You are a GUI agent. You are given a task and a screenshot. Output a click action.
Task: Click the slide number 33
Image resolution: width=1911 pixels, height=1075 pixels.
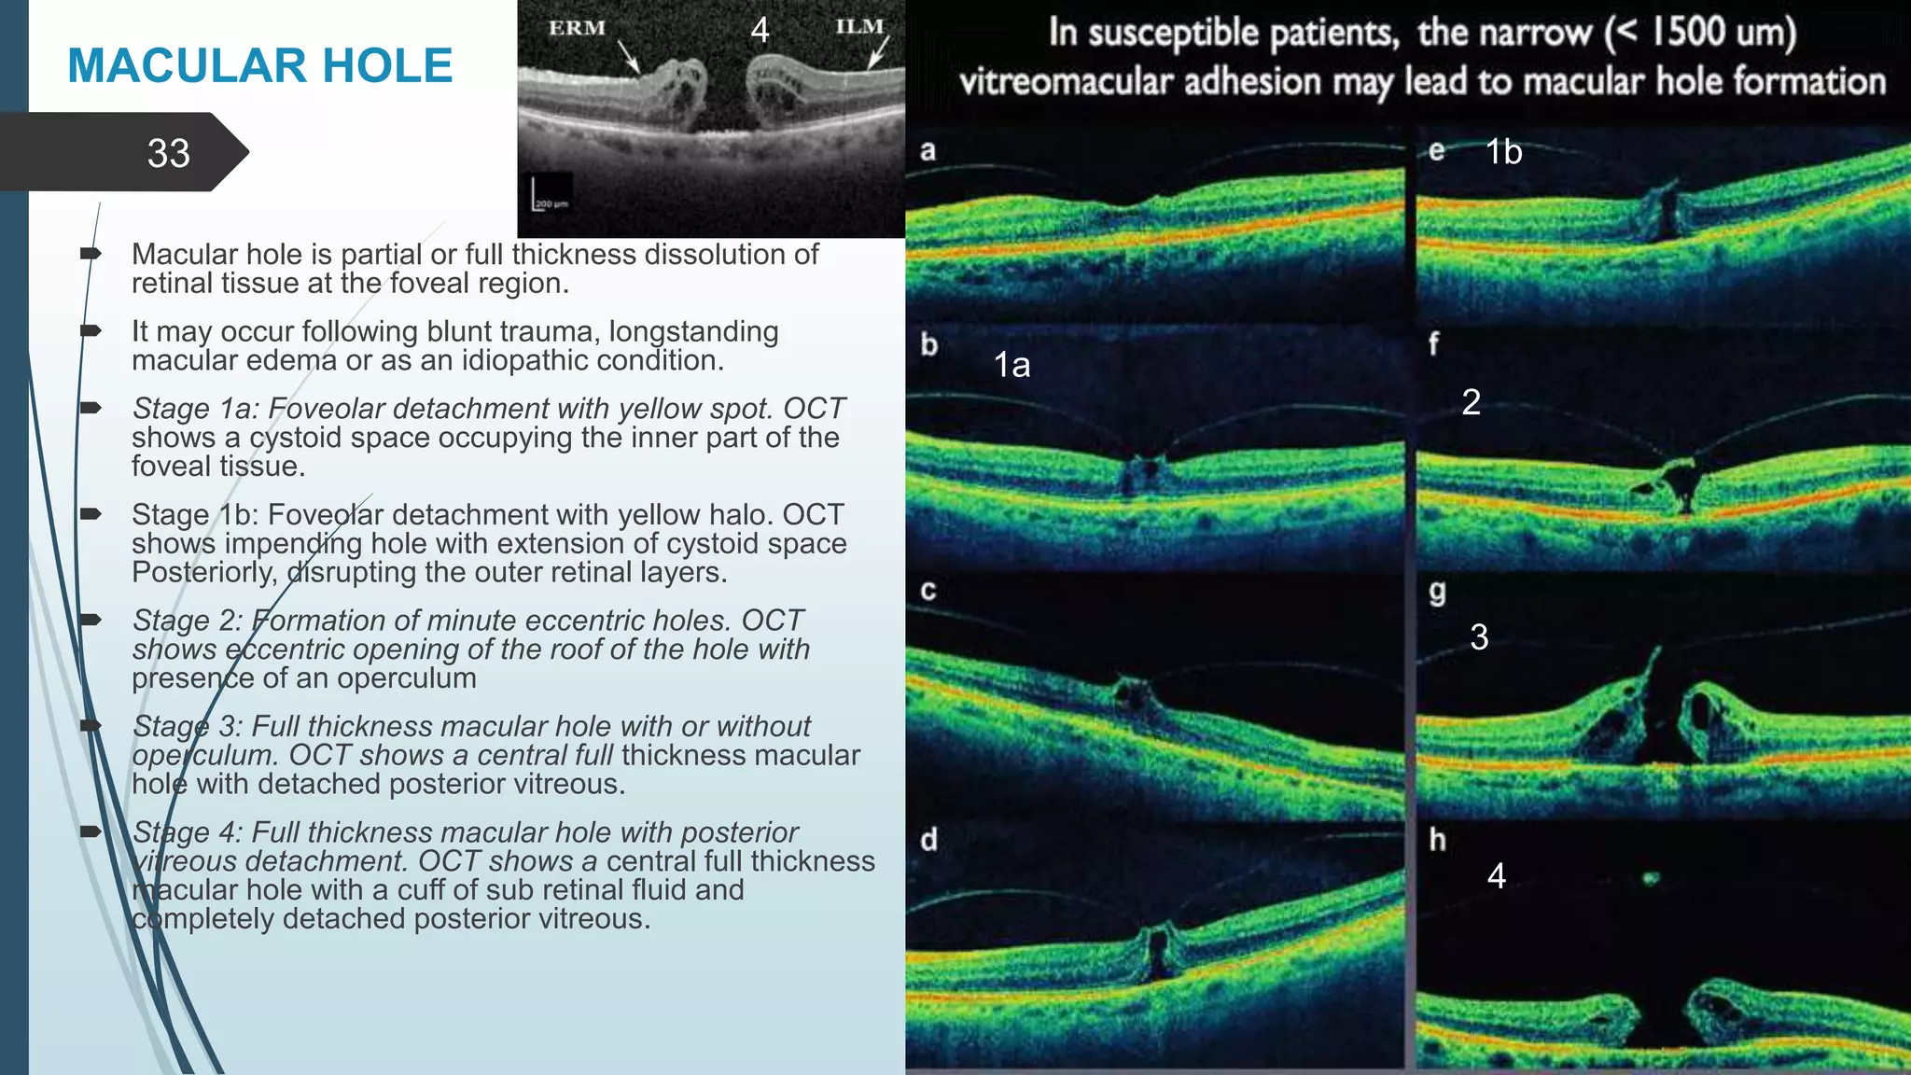click(x=169, y=153)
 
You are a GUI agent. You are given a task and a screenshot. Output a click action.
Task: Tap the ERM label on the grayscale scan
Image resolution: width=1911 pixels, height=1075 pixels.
click(x=577, y=28)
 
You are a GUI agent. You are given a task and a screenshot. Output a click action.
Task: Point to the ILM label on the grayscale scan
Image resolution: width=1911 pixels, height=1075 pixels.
click(x=859, y=26)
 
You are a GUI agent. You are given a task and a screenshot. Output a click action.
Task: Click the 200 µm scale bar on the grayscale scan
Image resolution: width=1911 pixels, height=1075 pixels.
click(x=550, y=197)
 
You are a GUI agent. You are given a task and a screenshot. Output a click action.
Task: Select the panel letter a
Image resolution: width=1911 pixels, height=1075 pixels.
click(x=928, y=150)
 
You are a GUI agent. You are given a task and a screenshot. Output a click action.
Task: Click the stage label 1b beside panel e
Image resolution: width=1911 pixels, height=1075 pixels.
click(x=1503, y=152)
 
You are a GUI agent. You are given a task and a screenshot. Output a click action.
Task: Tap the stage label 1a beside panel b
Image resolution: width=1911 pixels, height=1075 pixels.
click(x=1011, y=365)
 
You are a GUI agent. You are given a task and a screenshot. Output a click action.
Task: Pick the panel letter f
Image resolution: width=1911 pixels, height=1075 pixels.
click(x=1433, y=344)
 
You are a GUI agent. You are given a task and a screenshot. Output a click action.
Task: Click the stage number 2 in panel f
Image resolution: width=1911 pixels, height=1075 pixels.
click(x=1472, y=402)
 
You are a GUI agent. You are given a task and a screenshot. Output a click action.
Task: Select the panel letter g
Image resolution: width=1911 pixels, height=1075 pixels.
click(x=1437, y=592)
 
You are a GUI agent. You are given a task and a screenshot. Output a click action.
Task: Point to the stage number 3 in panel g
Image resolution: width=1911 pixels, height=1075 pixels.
click(x=1479, y=637)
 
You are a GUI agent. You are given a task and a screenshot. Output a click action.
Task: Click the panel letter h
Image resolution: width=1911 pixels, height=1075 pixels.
click(x=1437, y=840)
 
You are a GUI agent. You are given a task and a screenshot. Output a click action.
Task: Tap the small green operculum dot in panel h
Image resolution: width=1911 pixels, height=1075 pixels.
click(x=1651, y=878)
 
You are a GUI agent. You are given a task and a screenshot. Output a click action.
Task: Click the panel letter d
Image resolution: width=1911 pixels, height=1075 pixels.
click(x=928, y=840)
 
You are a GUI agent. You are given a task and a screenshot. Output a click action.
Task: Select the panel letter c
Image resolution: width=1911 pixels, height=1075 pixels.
click(x=928, y=592)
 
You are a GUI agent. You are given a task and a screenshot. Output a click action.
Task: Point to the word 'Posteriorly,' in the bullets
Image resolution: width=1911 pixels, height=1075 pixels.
click(x=204, y=572)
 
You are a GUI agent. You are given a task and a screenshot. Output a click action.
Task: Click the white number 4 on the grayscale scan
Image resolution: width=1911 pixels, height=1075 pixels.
click(x=760, y=30)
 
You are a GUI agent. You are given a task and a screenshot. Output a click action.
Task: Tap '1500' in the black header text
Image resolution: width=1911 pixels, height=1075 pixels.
click(x=1688, y=32)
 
